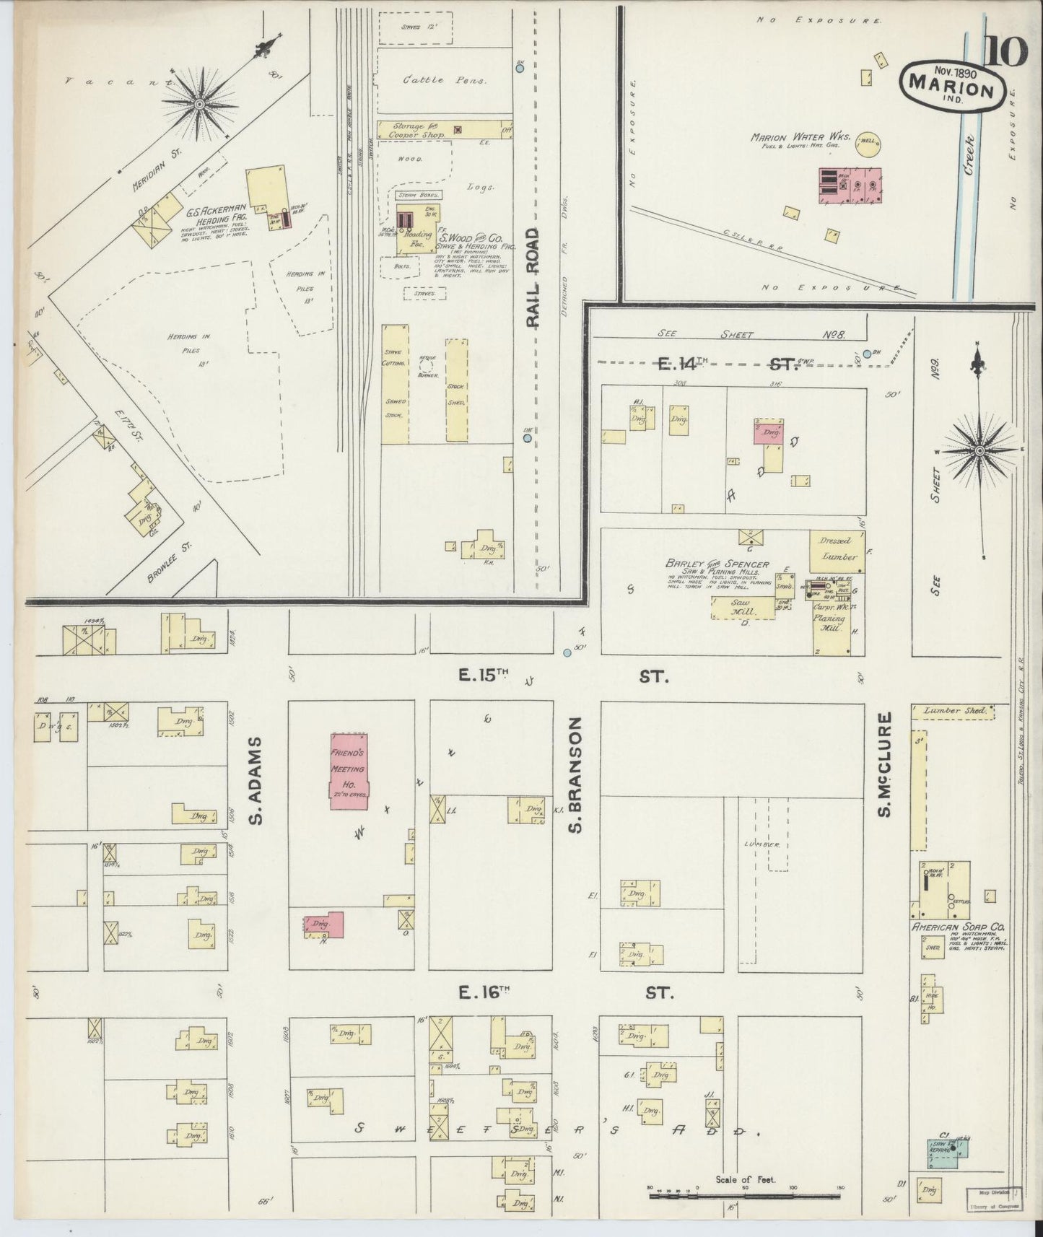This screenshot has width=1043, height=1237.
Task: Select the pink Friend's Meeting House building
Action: pos(350,771)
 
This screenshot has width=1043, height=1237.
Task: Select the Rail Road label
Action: pos(533,278)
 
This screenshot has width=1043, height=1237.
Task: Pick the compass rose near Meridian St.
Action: pos(199,105)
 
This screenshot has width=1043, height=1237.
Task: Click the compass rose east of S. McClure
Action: pos(979,451)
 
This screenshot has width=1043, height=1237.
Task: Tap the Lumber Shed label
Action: pos(955,711)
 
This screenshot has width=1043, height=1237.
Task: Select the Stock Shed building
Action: pos(456,390)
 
